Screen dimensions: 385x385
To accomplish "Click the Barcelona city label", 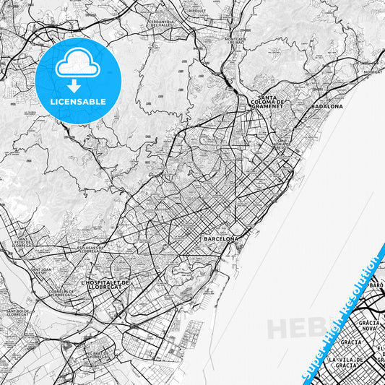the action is pos(221,238).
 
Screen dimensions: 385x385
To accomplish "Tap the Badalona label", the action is pos(326,106).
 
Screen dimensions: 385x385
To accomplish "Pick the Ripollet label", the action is pos(196,12).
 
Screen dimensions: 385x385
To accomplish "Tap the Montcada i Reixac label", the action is pos(235,41).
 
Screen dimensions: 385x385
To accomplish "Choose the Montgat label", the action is pos(373,72).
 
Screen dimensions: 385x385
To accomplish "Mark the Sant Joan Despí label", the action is pos(42,272).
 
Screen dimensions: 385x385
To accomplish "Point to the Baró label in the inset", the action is pos(376,285).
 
